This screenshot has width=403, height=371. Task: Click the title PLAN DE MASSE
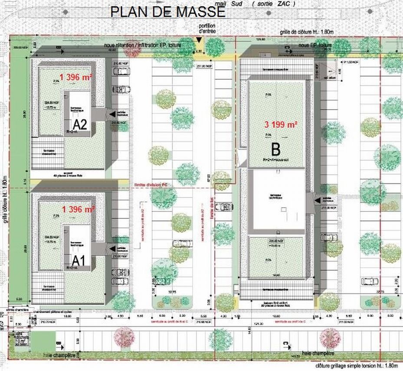[x=168, y=12]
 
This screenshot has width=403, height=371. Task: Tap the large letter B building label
[x=275, y=150]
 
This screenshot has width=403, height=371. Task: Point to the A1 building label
[x=79, y=261]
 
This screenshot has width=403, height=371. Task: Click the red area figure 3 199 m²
[x=281, y=124]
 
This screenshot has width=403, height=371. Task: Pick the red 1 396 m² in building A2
[x=77, y=78]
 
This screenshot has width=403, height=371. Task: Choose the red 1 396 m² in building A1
[x=79, y=209]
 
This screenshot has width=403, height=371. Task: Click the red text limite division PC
[x=149, y=185]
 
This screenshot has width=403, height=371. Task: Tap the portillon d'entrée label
[x=207, y=29]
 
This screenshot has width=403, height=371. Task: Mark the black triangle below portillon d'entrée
[x=199, y=40]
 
